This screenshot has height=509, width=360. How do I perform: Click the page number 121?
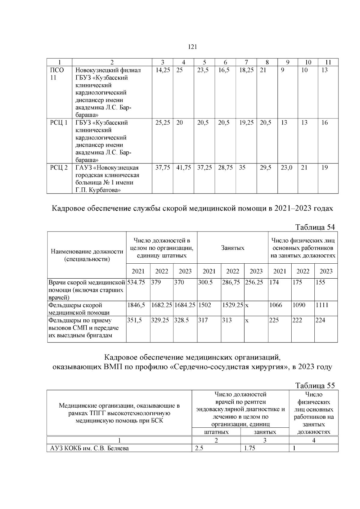(x=192, y=47)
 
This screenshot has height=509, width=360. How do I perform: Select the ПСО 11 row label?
(x=57, y=74)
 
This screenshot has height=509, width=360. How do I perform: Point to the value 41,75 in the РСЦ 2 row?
(x=183, y=168)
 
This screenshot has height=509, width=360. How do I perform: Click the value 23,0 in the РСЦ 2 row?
(x=286, y=168)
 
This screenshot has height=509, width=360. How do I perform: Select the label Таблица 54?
(x=315, y=227)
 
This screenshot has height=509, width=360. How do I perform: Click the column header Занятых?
(x=232, y=248)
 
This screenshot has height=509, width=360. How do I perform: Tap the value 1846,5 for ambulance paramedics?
(x=136, y=305)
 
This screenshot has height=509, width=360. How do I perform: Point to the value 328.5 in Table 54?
(x=181, y=320)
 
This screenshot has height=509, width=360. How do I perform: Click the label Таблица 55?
(x=315, y=385)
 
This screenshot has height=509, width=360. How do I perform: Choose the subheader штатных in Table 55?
(x=216, y=432)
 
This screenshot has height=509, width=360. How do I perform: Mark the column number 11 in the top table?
(x=328, y=62)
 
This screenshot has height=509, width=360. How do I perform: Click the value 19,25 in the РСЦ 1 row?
(x=246, y=123)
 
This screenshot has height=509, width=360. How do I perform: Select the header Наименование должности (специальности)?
(x=87, y=255)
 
